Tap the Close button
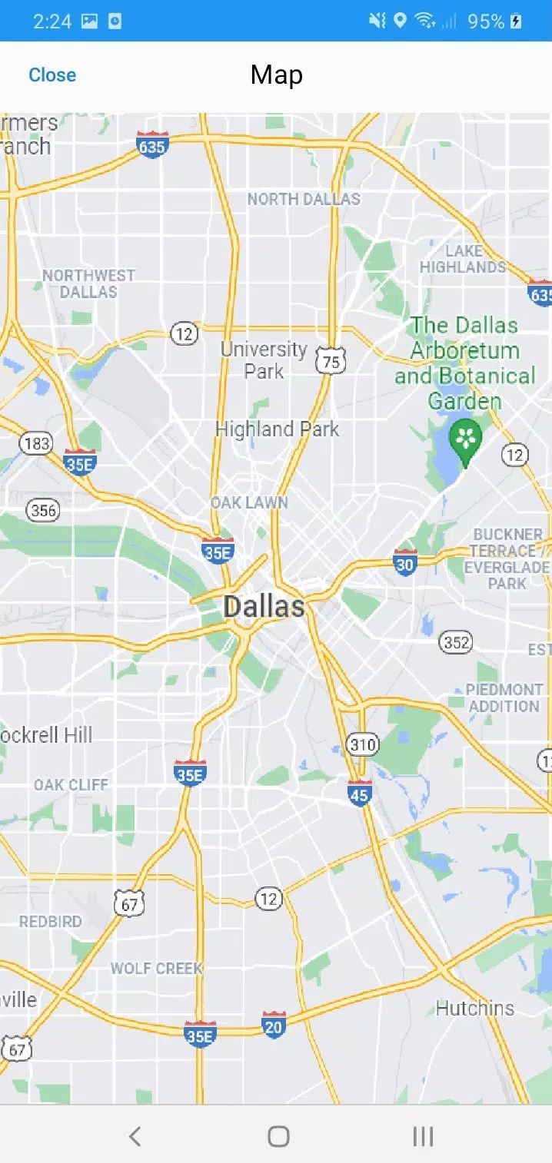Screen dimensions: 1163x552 [x=52, y=75]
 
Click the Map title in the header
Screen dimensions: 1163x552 [x=276, y=75]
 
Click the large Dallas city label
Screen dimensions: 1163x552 [x=264, y=607]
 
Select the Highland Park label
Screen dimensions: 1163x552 [x=277, y=429]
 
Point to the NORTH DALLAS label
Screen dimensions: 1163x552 [x=304, y=200]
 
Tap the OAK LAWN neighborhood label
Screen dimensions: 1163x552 [x=250, y=503]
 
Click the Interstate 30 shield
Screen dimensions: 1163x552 [x=404, y=563]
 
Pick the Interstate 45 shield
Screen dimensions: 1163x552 [x=359, y=794]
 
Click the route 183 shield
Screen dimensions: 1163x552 [x=36, y=443]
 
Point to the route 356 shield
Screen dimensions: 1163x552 [x=43, y=510]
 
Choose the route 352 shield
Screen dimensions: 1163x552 [x=456, y=641]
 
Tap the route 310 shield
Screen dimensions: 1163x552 [x=362, y=744]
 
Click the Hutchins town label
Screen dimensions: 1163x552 [x=474, y=1008]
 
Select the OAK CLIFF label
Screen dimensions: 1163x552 [x=71, y=785]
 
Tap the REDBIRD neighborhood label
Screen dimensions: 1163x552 [x=50, y=922]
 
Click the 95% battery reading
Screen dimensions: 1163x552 [x=486, y=22]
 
